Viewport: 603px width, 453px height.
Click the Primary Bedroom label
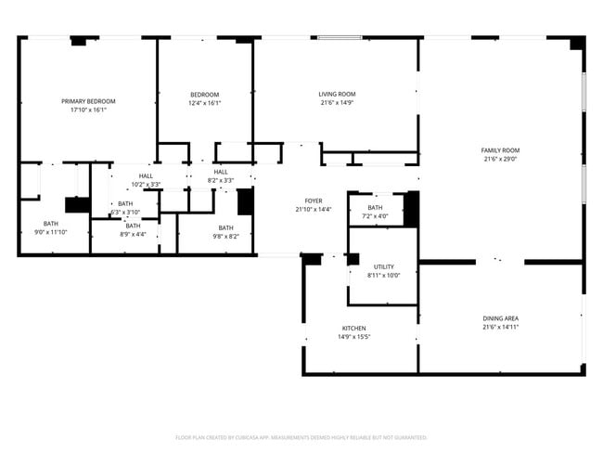click(89, 101)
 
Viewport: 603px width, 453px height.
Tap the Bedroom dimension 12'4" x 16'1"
click(205, 103)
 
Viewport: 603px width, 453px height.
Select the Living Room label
click(337, 94)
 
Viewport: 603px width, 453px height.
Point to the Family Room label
click(500, 150)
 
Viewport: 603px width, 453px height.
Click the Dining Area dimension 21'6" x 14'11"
click(500, 327)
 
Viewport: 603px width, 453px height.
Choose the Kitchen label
click(353, 328)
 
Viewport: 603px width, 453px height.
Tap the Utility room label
click(383, 266)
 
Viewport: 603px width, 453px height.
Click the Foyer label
click(314, 201)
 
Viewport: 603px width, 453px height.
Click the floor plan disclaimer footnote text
click(301, 437)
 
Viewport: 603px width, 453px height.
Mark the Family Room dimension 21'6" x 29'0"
click(500, 159)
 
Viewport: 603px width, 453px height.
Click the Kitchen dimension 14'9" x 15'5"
click(353, 336)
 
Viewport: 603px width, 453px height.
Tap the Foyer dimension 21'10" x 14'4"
click(314, 209)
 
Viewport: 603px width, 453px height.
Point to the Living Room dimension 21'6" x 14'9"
click(337, 102)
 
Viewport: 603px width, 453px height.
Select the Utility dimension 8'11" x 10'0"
click(383, 275)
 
